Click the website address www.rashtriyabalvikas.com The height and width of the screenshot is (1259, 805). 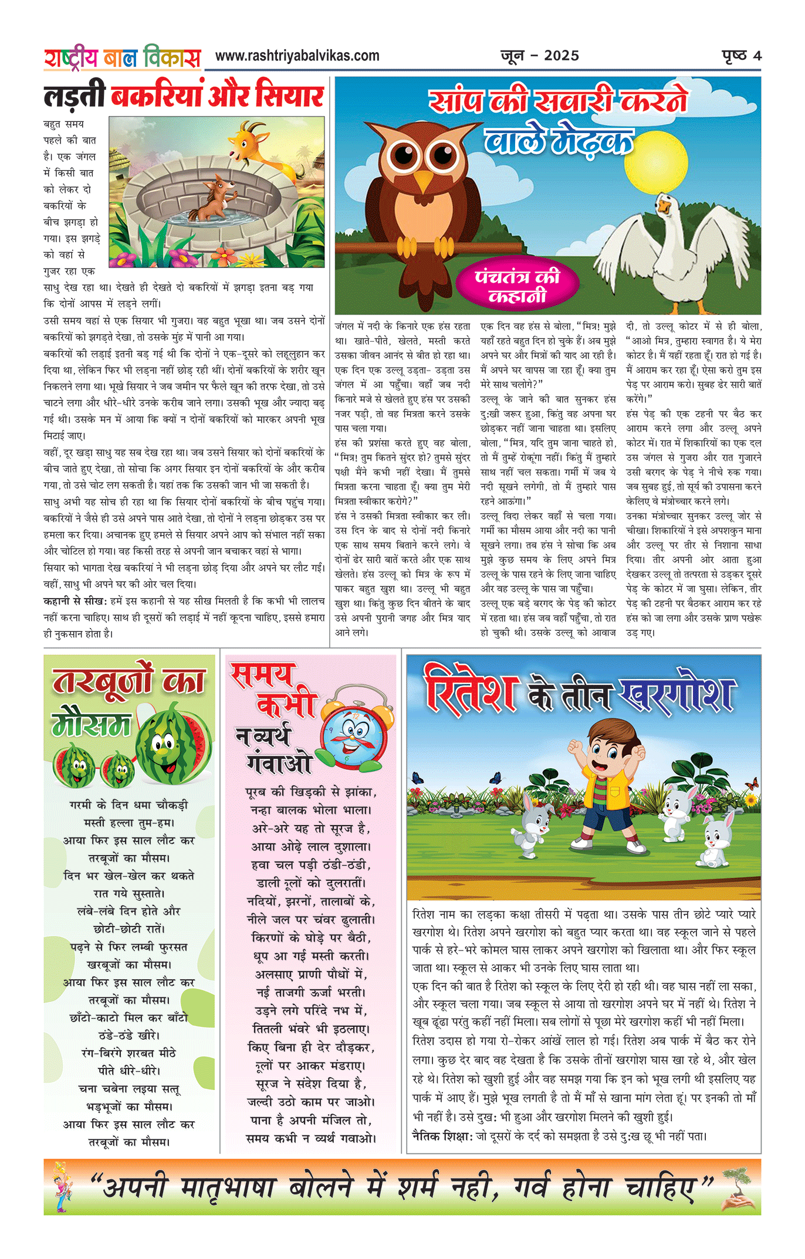(x=297, y=56)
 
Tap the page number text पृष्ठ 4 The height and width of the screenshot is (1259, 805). (x=742, y=56)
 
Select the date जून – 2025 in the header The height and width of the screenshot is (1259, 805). (x=540, y=56)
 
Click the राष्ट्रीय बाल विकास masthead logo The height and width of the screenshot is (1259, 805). (x=122, y=58)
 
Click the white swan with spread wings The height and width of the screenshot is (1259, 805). (x=675, y=246)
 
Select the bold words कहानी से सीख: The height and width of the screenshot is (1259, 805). (x=76, y=601)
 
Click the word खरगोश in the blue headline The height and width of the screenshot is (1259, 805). (x=678, y=694)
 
